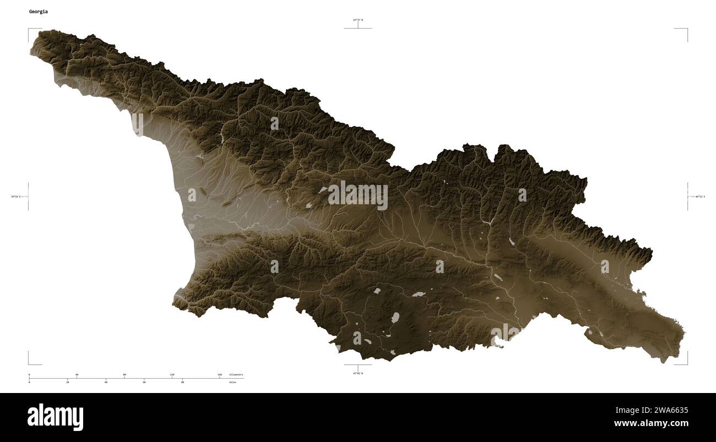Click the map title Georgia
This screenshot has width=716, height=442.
pos(38,11)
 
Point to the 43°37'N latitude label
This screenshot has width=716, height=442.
pos(358,20)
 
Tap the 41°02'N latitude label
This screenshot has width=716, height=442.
pos(358,373)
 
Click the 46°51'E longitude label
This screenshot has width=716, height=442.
pos(699,197)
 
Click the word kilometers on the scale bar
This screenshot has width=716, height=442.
pos(236,374)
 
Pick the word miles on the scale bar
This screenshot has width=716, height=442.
pos(233,382)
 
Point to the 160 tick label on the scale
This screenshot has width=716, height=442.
pos(220,374)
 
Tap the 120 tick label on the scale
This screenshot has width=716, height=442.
pos(172,374)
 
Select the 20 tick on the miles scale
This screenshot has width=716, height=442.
pos(68,382)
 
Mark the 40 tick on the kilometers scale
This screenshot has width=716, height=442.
pos(77,374)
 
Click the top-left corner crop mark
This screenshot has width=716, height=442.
pos(29,29)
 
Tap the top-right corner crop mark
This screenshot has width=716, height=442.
pos(686,29)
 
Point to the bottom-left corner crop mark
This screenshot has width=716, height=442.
pos(29,363)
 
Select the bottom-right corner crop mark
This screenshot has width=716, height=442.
pos(686,363)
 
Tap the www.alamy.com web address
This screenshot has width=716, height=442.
pos(651,423)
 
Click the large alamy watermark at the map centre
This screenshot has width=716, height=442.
pos(358,195)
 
